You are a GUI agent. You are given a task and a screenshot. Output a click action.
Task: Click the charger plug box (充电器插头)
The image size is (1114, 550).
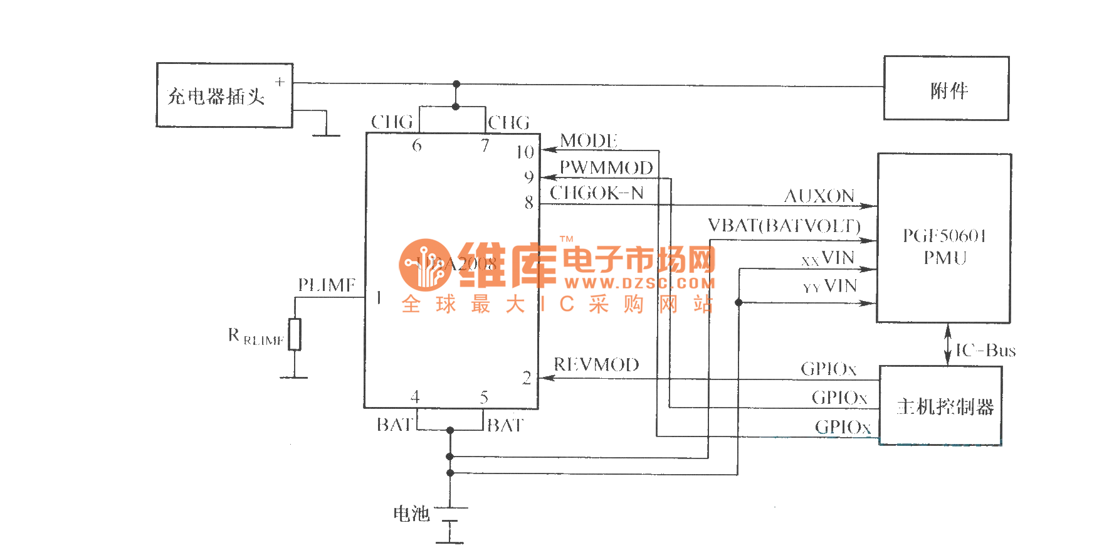[x=224, y=95]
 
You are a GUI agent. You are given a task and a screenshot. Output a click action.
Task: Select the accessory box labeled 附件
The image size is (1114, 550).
[x=946, y=88]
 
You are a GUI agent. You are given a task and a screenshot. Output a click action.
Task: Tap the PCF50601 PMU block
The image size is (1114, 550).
[x=943, y=238]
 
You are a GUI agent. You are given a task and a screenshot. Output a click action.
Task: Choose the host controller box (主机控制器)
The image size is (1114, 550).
[x=940, y=406]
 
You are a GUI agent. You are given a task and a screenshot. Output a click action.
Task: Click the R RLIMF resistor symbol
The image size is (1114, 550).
[x=295, y=334]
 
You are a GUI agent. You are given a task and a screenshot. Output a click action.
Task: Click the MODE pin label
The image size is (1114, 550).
[x=588, y=140]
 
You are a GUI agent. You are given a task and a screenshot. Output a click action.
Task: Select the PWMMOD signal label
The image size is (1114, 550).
[x=606, y=167]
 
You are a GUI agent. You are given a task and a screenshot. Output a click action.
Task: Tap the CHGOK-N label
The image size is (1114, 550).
[x=596, y=193]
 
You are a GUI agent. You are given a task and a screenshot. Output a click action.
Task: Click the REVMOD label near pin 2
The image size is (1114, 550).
[x=596, y=364]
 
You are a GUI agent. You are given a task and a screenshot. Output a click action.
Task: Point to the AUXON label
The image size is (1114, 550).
[x=819, y=196]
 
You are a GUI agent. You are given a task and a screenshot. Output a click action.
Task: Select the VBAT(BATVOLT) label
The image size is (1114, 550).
[x=784, y=225]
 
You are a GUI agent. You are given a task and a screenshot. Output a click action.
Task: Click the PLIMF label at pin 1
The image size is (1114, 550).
[x=326, y=285]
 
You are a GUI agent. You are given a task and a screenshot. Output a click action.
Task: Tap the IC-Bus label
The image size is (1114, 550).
[x=985, y=350]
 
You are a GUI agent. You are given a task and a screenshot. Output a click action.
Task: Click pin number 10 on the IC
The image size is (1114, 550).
[x=525, y=152]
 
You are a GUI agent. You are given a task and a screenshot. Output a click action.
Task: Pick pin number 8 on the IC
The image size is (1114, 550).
[x=529, y=203]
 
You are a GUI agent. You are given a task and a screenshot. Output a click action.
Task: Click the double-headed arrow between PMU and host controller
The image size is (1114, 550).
[x=947, y=344]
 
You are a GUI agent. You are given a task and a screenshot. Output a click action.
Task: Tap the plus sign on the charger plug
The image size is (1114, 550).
[x=280, y=82]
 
